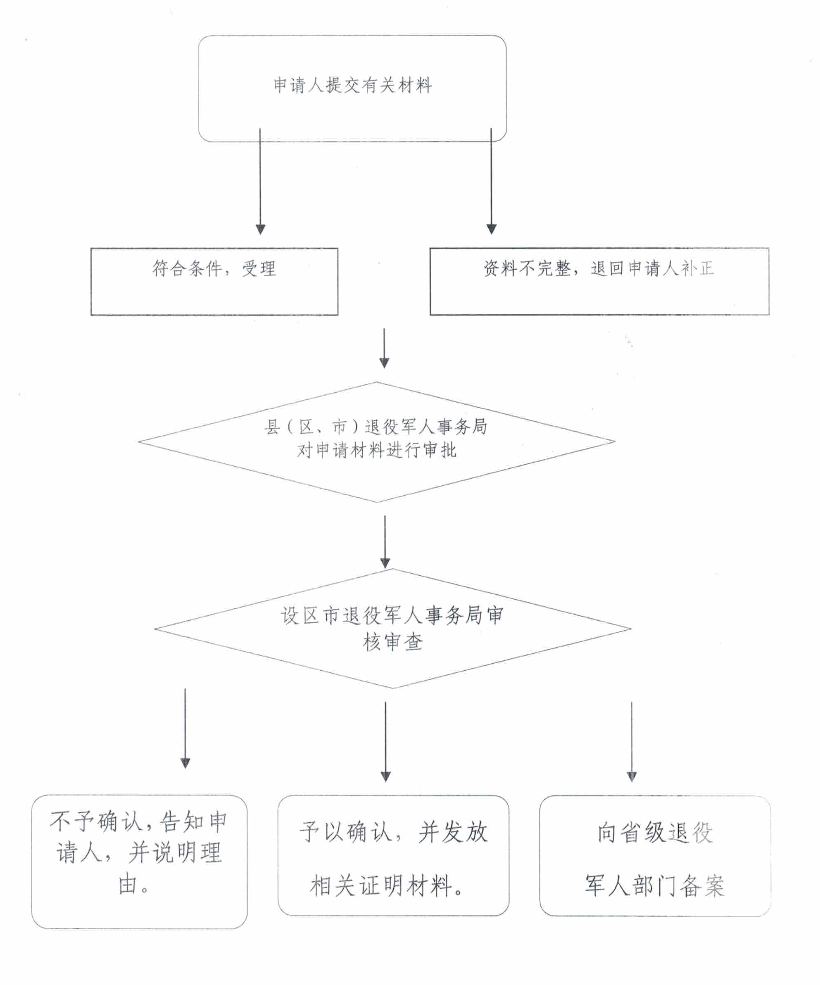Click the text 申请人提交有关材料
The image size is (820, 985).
(352, 85)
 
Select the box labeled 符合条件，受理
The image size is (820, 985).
(214, 281)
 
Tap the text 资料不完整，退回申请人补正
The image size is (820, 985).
(599, 269)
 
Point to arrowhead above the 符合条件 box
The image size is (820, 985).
(260, 229)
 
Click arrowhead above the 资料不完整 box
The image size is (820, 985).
(491, 229)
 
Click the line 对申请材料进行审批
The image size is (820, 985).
(376, 450)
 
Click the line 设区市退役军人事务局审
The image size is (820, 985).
(392, 615)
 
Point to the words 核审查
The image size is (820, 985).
(392, 642)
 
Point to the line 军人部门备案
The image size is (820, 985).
(655, 885)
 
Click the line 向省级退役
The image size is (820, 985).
(655, 833)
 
